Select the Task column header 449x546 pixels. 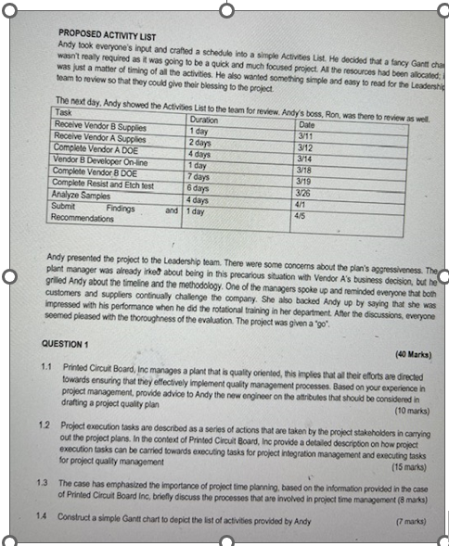(x=64, y=110)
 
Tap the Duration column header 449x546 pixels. (x=203, y=120)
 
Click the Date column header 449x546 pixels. (x=306, y=123)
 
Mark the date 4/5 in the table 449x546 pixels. (x=298, y=215)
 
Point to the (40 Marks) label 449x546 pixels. (x=410, y=354)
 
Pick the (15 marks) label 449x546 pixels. (x=410, y=467)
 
